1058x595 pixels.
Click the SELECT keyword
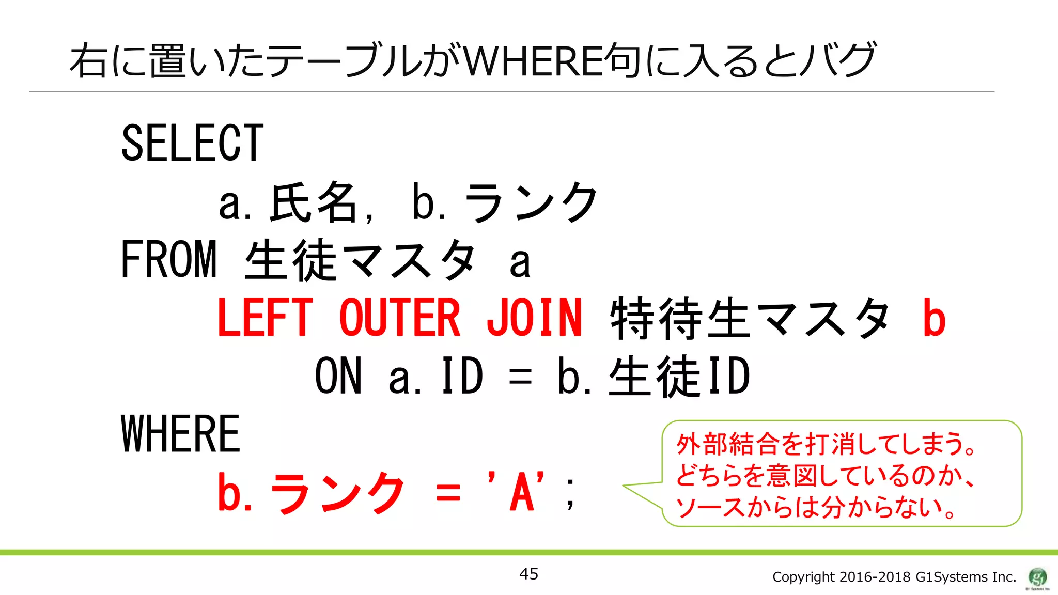coord(192,143)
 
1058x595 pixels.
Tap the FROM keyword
coord(168,259)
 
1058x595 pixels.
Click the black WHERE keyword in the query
coord(180,434)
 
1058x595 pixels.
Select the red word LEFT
coord(265,318)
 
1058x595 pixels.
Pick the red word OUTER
coord(399,318)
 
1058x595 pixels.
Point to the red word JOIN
coord(534,318)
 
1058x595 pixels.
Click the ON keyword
coord(338,376)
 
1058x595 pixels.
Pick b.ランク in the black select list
coord(504,202)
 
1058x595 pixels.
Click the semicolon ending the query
coord(570,493)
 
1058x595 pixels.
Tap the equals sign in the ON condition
coord(520,377)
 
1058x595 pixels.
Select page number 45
coord(528,574)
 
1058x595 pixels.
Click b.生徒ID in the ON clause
coord(654,376)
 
